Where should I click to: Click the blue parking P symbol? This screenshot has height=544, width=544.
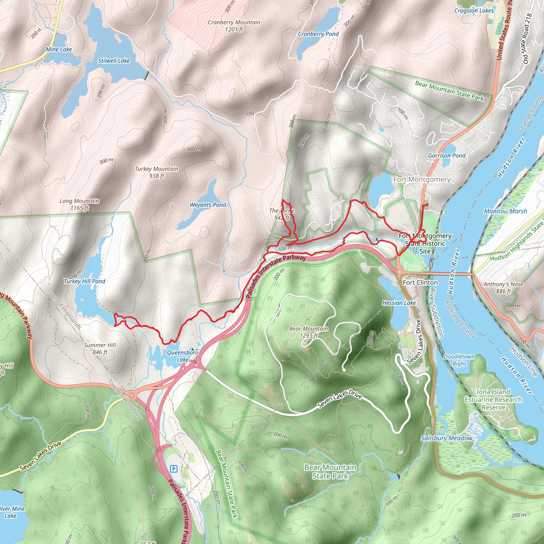click(x=174, y=469)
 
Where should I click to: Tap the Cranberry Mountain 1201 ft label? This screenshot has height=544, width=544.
click(x=234, y=25)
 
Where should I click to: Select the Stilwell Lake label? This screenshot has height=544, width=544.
click(x=114, y=61)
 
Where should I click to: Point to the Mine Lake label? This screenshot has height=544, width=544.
click(x=59, y=50)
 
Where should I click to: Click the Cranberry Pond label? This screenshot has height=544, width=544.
click(x=318, y=34)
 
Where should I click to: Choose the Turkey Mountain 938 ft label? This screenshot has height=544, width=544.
click(x=156, y=172)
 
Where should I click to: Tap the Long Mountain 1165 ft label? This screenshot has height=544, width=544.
click(x=79, y=205)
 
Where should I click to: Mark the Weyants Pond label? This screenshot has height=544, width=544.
click(x=207, y=205)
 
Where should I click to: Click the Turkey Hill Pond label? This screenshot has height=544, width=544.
click(x=84, y=281)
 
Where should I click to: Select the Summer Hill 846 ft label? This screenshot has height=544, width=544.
click(x=100, y=348)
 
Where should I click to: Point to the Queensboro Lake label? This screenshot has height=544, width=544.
click(x=182, y=356)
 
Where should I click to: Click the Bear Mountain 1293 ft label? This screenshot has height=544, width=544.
click(x=308, y=332)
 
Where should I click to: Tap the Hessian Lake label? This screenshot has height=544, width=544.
click(x=399, y=303)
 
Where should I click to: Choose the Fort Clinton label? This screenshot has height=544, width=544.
click(x=420, y=282)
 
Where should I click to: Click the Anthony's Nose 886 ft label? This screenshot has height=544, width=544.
click(x=503, y=287)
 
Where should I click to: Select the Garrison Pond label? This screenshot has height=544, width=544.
click(x=447, y=155)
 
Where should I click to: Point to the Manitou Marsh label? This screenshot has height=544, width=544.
click(x=505, y=211)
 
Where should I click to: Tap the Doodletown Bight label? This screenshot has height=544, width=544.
click(x=459, y=360)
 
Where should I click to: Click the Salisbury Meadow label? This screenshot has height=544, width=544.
click(x=446, y=438)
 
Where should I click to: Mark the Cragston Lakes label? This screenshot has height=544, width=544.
click(x=474, y=11)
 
